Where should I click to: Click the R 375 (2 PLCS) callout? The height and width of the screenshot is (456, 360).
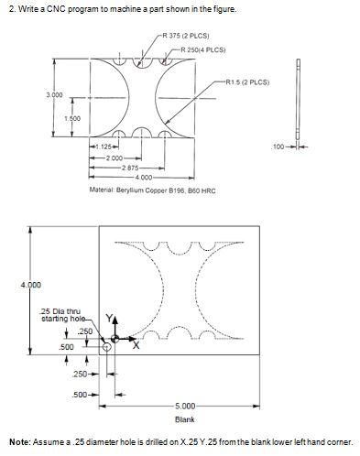coord(186,36)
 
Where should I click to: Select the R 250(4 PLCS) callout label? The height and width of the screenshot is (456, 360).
coord(203,49)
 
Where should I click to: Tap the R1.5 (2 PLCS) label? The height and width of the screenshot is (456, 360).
coord(247,82)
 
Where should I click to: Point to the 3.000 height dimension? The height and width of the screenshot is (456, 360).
coord(54,95)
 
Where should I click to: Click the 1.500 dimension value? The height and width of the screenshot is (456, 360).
coord(72,118)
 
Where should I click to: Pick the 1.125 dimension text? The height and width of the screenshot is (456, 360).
coord(104,147)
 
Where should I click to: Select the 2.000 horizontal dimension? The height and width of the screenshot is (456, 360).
coord(115,158)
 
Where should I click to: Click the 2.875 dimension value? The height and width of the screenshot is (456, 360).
coord(130,168)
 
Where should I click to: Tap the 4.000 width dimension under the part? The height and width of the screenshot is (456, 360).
coord(144,178)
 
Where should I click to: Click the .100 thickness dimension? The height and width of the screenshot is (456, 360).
coord(278,147)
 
